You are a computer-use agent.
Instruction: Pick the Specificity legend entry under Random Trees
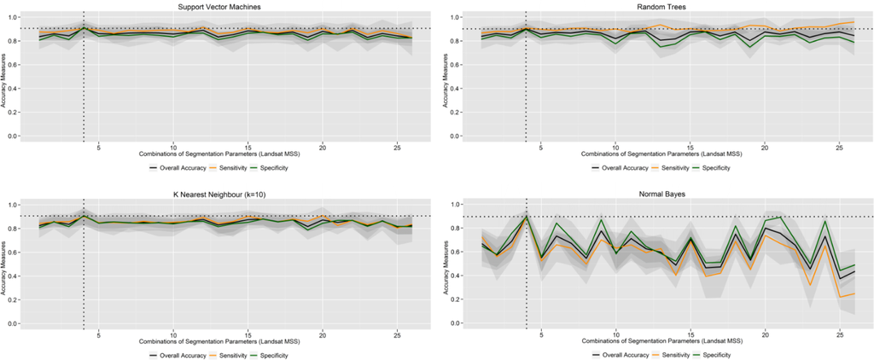(719, 168)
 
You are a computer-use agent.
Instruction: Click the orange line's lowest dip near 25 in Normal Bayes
(840, 297)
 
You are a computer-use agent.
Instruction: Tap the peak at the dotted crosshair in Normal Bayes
(526, 216)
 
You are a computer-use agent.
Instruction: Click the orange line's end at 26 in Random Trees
(854, 22)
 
